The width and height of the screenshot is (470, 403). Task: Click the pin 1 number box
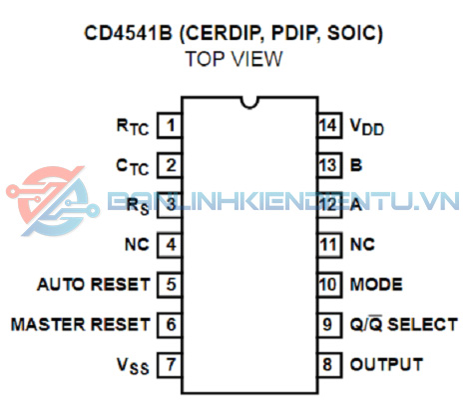(170, 125)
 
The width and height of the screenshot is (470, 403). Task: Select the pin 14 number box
(329, 125)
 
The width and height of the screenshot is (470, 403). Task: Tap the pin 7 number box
(170, 364)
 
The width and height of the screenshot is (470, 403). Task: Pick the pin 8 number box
(329, 364)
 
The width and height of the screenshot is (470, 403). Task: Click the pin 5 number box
(170, 285)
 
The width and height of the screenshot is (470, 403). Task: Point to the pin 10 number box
(329, 285)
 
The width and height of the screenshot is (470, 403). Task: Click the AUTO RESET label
(94, 285)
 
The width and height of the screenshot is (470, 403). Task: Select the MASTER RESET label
(81, 324)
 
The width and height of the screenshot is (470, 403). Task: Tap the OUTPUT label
(386, 364)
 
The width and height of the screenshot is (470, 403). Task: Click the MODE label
(376, 285)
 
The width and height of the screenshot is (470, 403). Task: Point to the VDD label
(367, 127)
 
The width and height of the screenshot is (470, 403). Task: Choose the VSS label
(133, 366)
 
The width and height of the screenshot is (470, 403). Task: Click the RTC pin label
(133, 127)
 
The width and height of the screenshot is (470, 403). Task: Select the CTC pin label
(133, 167)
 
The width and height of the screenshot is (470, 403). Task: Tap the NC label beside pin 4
(137, 245)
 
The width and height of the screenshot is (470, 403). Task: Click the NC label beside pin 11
(362, 245)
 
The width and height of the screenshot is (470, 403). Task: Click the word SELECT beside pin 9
(423, 324)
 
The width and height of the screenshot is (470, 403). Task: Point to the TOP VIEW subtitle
(235, 59)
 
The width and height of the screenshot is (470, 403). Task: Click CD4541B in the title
(128, 33)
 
